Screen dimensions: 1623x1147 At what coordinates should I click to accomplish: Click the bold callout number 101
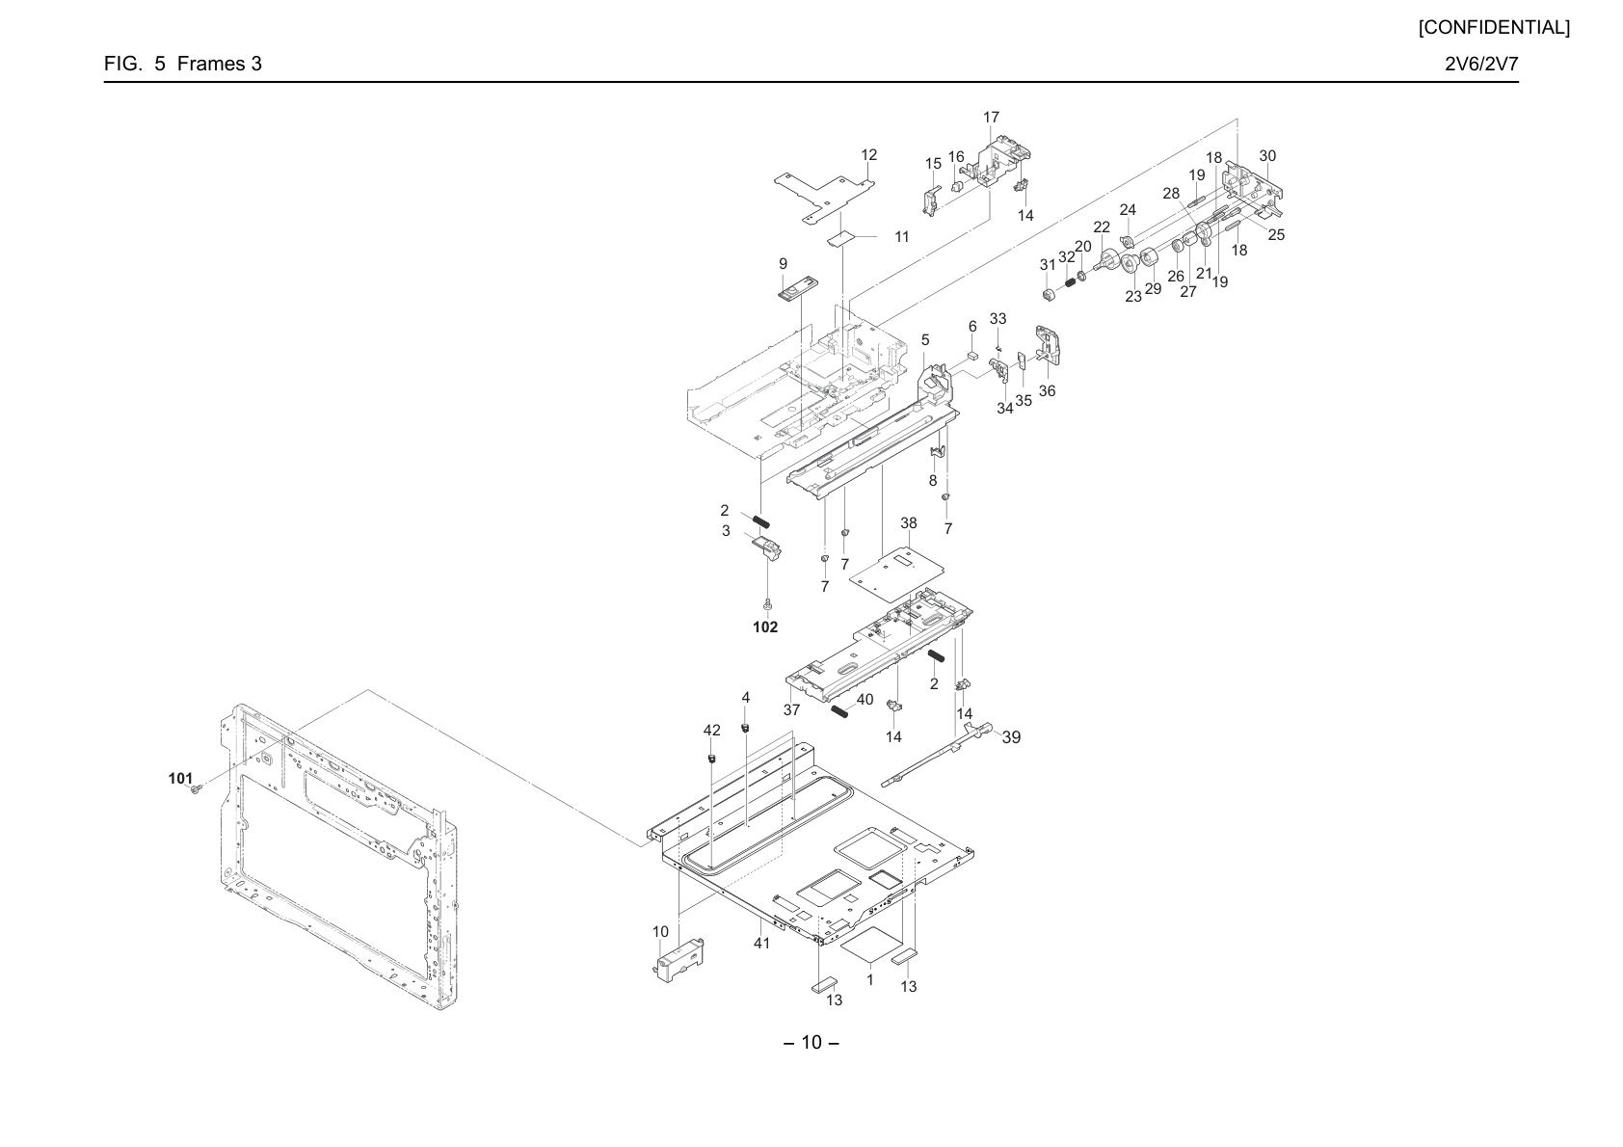180,779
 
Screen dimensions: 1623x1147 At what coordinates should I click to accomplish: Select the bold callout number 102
765,627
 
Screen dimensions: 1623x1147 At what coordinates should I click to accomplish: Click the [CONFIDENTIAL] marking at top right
1494,28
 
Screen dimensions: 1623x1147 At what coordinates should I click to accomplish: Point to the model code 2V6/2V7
1481,64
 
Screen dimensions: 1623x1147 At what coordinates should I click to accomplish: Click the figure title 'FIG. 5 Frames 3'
182,64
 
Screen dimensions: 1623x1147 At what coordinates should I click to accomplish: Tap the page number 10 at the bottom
811,1043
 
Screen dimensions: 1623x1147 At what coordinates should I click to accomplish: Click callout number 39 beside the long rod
1011,737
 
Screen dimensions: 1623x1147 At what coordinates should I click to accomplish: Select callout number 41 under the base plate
761,944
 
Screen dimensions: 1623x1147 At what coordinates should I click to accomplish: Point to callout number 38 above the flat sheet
909,523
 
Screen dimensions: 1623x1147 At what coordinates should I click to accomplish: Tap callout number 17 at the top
991,118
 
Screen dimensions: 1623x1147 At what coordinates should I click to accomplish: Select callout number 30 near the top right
1267,156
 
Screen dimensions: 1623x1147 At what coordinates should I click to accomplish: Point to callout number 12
868,155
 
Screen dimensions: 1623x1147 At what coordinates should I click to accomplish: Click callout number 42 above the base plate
711,731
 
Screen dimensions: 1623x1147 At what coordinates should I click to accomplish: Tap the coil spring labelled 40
839,710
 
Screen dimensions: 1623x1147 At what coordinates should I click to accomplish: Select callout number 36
1047,391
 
